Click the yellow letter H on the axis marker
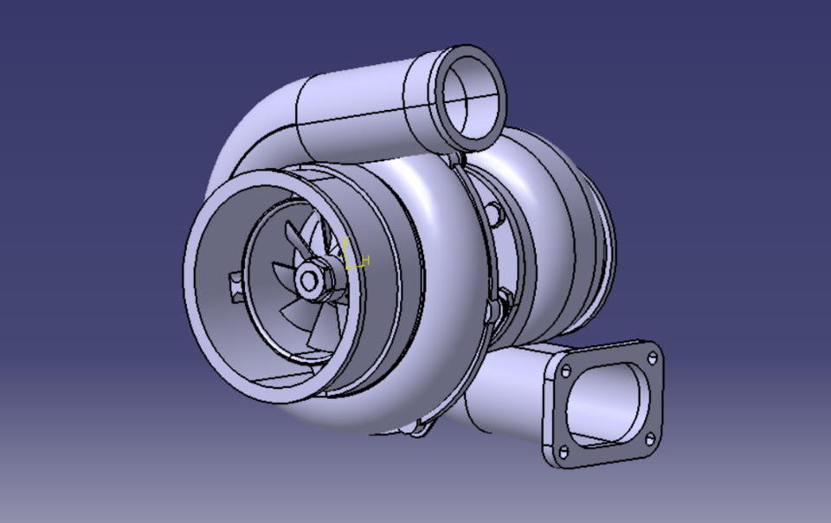366,260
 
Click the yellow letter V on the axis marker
345,242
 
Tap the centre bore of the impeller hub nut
308,279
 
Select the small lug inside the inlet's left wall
235,283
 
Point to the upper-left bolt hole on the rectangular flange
566,371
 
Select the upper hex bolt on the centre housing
495,213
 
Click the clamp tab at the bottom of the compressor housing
422,428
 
